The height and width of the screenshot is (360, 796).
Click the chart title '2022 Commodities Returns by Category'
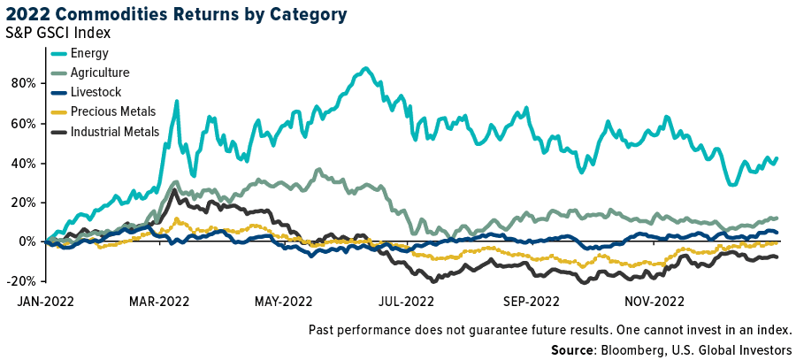pos(175,14)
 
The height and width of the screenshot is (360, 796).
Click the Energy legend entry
pos(90,53)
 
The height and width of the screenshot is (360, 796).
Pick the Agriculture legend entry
pos(100,73)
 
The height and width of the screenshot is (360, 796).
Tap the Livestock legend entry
pos(96,92)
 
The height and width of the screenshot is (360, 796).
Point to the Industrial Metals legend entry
pos(115,132)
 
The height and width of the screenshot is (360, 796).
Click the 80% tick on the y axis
pos(22,83)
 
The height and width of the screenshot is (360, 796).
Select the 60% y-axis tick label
pos(22,123)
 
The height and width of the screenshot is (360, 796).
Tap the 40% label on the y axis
pos(22,163)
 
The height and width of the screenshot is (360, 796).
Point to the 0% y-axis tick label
pos(26,241)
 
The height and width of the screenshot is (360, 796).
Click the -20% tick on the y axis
pos(20,281)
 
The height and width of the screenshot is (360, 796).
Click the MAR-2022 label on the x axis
pos(160,301)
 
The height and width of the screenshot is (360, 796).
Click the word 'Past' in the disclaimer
pos(323,330)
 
